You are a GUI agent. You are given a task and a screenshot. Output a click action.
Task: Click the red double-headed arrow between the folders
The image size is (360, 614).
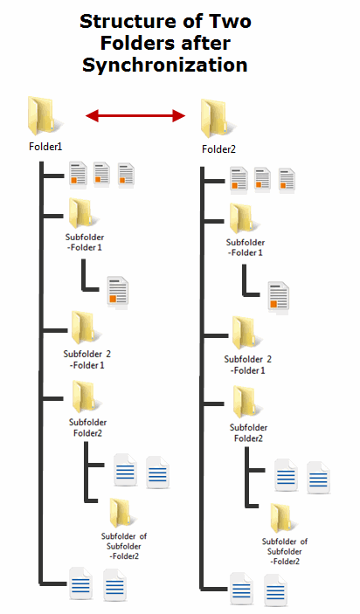136,114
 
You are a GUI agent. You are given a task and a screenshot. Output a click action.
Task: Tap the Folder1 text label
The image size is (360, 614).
45,147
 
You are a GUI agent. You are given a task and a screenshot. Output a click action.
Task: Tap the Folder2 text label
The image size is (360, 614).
219,148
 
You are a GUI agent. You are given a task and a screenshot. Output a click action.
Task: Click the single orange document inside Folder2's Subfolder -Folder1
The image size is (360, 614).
279,297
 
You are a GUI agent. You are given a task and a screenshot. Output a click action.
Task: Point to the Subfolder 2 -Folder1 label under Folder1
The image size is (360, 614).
87,359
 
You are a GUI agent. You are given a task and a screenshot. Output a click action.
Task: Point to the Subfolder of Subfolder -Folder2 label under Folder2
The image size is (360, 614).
285,550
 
